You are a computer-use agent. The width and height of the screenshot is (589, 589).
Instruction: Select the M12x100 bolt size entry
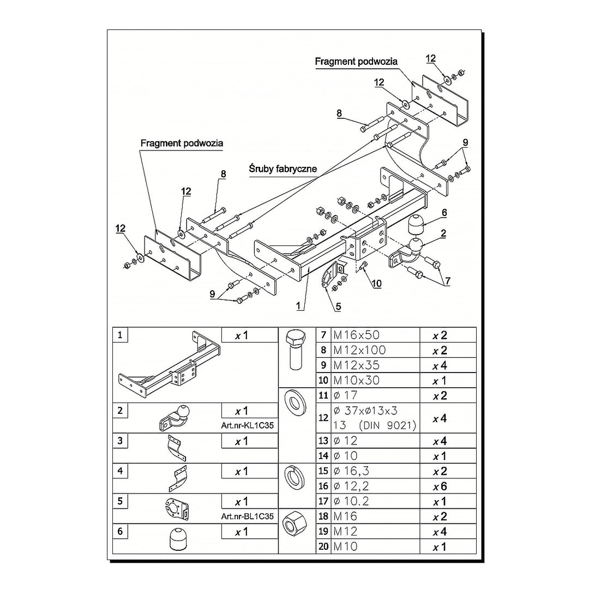pos(359,350)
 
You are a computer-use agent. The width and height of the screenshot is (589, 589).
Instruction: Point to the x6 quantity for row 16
pos(440,486)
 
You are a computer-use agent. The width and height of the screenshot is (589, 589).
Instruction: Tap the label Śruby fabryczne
pos(283,169)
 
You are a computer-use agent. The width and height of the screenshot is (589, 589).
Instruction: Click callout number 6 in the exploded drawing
pos(444,213)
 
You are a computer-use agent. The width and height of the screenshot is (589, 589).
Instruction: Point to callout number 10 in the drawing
pos(377,283)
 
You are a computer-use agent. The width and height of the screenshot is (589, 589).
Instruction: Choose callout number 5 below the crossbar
pos(338,307)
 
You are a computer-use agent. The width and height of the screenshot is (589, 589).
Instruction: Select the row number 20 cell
pos(323,546)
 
